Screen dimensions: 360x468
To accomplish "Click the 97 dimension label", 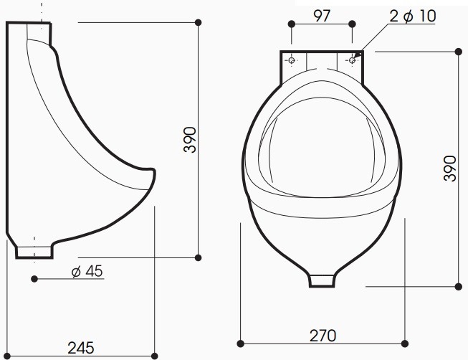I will pyautogui.click(x=322, y=15).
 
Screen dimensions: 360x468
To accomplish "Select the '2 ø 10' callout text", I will pyautogui.click(x=412, y=16).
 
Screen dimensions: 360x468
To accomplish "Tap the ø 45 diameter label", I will pyautogui.click(x=87, y=271).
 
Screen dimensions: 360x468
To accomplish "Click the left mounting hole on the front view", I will pyautogui.click(x=292, y=61).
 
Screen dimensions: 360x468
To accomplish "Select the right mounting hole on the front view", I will pyautogui.click(x=352, y=61).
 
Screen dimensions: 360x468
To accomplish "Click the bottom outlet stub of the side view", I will pyautogui.click(x=34, y=252).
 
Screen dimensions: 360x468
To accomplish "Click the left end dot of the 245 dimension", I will pyautogui.click(x=7, y=354).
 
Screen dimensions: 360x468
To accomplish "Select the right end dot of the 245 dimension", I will pyautogui.click(x=155, y=354).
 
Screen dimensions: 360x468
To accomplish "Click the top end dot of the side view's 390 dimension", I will pyautogui.click(x=198, y=22).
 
